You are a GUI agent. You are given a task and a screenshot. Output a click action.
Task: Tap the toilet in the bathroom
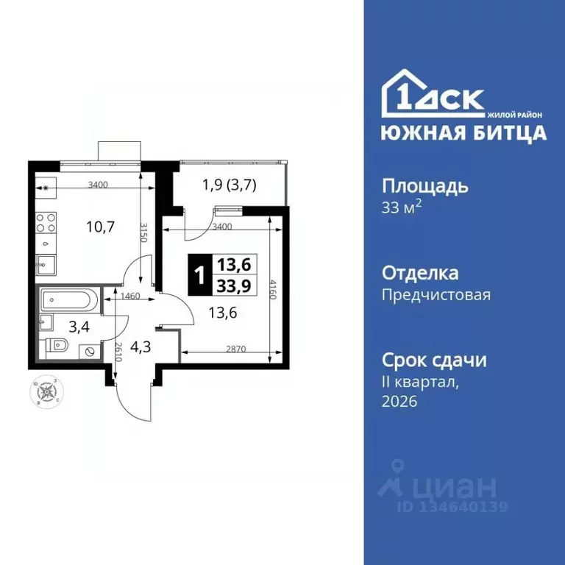(60, 346)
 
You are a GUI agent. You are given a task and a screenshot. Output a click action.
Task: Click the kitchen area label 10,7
(82, 227)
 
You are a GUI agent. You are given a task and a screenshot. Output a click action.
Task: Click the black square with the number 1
(199, 275)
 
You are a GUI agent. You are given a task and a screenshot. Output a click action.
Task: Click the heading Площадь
(425, 185)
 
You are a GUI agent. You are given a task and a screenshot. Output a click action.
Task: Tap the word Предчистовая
(436, 295)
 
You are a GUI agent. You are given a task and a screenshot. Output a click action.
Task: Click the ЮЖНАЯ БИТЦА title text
(463, 132)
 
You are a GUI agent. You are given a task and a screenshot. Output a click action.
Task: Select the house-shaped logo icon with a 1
(405, 94)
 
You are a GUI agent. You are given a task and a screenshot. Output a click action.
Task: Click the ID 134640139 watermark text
(452, 506)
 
